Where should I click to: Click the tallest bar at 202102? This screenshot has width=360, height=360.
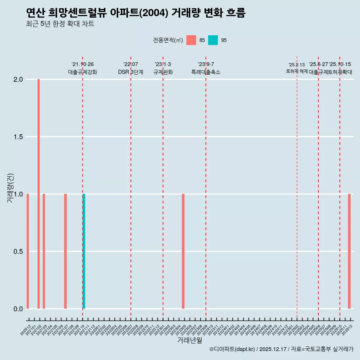39,194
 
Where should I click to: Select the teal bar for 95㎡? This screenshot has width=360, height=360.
84,251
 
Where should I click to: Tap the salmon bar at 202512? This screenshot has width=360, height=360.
349,251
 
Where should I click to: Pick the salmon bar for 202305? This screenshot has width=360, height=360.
183,251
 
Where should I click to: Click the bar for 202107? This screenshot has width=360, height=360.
65,251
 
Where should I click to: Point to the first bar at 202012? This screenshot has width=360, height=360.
28,251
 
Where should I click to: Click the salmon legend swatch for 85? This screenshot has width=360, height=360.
191,40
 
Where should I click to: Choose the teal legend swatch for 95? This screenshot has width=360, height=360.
213,40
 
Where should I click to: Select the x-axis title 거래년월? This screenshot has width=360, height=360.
189,340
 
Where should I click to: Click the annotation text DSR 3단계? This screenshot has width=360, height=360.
130,72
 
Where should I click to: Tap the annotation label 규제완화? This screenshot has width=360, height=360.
163,72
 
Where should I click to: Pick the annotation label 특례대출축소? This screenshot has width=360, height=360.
205,72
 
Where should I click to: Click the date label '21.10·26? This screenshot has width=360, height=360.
82,64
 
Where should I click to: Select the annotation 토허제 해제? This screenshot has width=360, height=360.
297,71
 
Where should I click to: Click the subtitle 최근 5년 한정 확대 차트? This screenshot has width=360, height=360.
60,24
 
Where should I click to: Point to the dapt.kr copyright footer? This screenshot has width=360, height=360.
281,349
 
